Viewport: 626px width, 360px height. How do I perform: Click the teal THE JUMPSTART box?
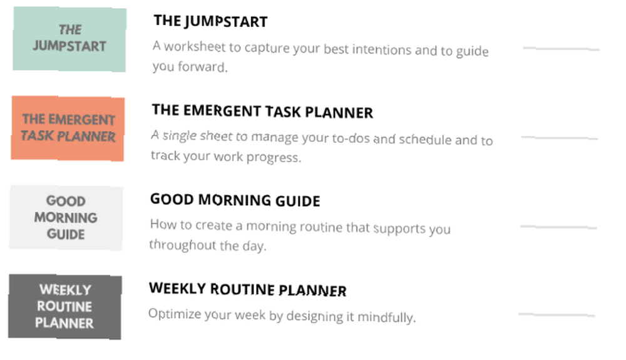[x=69, y=39]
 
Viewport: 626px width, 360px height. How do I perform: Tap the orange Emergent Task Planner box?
[x=68, y=128]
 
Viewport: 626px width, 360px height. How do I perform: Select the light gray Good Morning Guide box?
[x=66, y=217]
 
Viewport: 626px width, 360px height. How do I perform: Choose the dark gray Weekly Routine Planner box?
[x=65, y=307]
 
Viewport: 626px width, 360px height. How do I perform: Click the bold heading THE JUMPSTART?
[x=211, y=21]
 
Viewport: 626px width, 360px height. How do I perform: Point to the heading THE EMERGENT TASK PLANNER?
[x=262, y=111]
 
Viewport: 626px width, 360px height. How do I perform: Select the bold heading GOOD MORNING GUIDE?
[x=235, y=200]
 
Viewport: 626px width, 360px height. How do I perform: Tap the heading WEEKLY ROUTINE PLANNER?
[x=247, y=289]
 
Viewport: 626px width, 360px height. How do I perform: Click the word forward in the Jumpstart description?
[x=202, y=66]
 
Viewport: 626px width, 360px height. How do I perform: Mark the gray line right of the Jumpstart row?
[x=562, y=49]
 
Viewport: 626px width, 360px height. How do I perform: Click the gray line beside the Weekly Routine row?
[x=557, y=314]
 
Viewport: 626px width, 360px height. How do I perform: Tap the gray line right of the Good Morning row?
[x=558, y=227]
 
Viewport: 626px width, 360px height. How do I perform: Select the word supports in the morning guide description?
[x=399, y=229]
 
